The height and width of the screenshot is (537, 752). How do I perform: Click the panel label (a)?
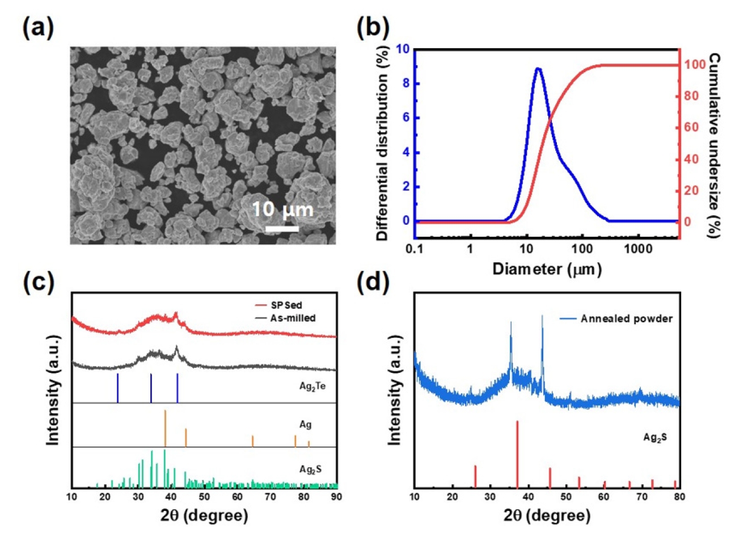tap(38, 28)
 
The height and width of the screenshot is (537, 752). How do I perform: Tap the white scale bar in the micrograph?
tap(282, 229)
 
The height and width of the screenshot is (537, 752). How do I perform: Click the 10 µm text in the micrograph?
tap(282, 209)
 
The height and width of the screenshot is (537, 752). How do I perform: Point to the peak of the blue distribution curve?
tap(538, 69)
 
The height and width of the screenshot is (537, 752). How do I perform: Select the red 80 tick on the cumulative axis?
tap(691, 96)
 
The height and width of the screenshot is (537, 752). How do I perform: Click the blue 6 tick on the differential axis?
tap(406, 118)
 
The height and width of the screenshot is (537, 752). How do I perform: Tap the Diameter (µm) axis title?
tap(547, 270)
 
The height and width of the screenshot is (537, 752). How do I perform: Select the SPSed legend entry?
tap(278, 305)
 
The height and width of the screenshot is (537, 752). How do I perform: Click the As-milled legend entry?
tap(285, 318)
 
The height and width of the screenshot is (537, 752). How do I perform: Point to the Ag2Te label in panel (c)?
tap(312, 387)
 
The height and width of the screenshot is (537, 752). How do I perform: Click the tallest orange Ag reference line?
tap(165, 428)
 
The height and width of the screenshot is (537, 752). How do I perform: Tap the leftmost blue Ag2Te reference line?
tap(117, 388)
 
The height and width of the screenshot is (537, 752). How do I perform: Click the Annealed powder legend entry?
tap(616, 318)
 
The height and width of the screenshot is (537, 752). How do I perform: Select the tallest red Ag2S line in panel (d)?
tap(517, 455)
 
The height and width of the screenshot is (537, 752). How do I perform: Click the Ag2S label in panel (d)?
tap(655, 437)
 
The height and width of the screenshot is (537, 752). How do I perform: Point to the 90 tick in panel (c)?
tap(336, 497)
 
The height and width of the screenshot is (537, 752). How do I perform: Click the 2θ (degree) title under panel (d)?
tap(547, 515)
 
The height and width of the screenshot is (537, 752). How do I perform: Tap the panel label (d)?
tap(373, 282)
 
